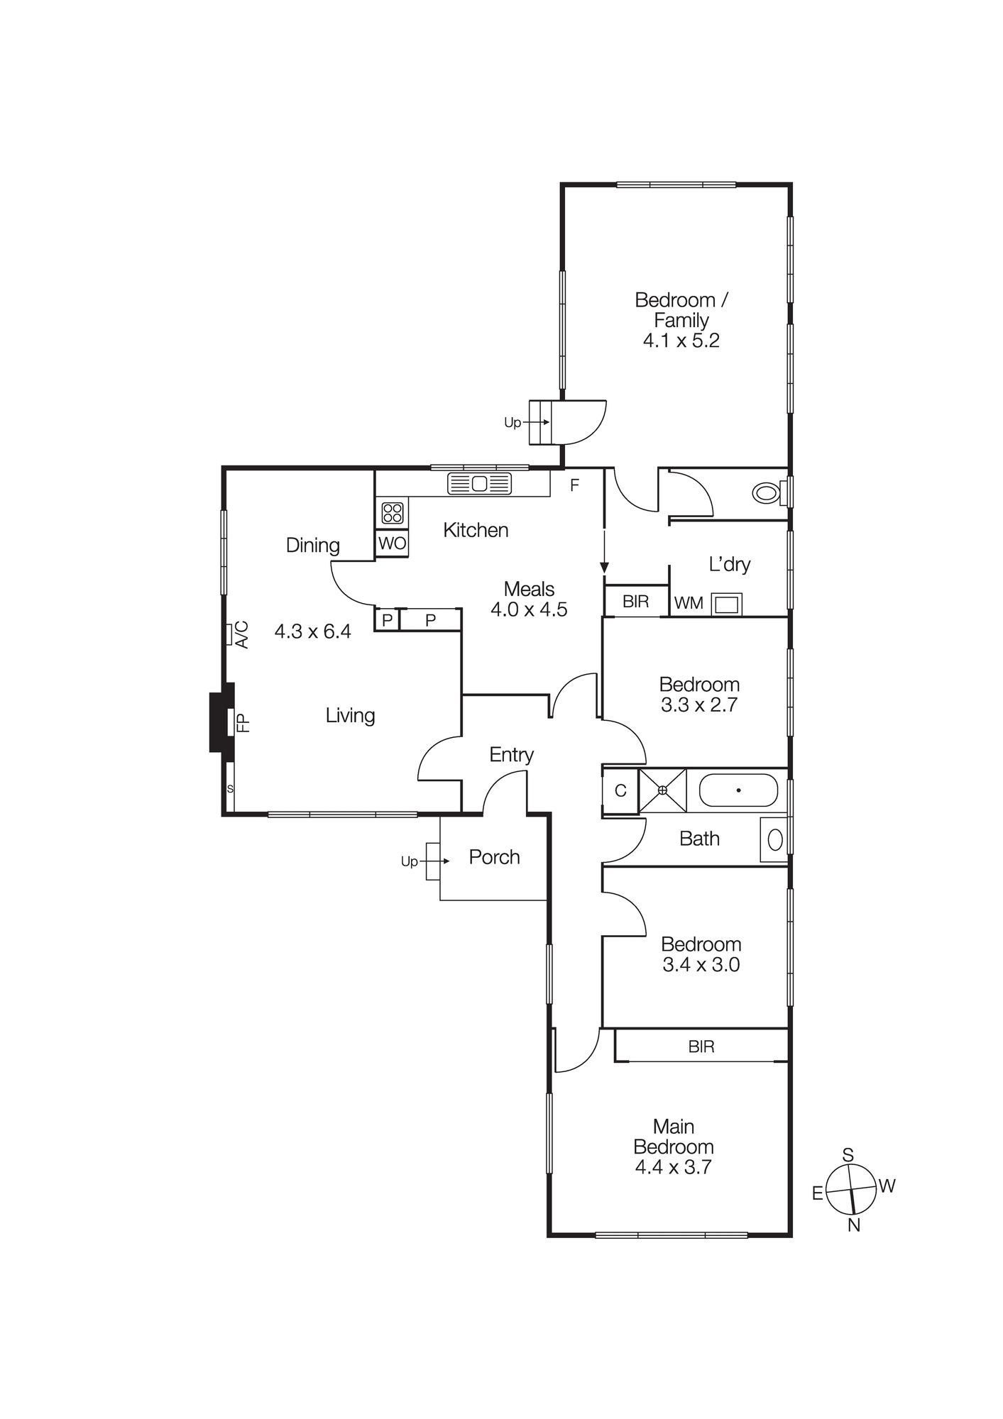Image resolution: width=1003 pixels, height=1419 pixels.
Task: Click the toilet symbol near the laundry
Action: click(x=768, y=492)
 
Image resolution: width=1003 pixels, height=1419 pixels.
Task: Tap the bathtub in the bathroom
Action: click(x=738, y=790)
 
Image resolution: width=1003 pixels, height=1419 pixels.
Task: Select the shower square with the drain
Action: click(x=662, y=790)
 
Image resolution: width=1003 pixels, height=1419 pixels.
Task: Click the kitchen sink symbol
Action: click(x=479, y=484)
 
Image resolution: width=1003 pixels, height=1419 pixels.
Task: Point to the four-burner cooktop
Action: click(x=393, y=512)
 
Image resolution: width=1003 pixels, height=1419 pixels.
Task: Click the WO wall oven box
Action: click(x=393, y=543)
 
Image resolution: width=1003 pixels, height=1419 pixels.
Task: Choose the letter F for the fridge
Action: click(x=575, y=485)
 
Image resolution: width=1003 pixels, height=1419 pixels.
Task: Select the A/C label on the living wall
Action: click(x=241, y=634)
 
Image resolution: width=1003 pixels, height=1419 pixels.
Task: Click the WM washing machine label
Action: click(x=689, y=603)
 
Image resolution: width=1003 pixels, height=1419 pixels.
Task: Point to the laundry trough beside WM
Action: click(x=727, y=604)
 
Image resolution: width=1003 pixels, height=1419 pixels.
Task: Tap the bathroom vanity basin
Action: click(x=774, y=840)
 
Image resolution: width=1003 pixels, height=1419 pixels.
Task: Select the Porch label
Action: click(x=494, y=857)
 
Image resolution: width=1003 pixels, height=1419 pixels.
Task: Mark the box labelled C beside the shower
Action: click(x=620, y=790)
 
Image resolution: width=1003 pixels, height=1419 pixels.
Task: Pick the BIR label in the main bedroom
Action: click(x=701, y=1047)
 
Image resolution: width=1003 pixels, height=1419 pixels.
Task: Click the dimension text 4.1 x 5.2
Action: click(x=681, y=341)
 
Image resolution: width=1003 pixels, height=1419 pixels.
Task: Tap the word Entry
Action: click(x=511, y=755)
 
